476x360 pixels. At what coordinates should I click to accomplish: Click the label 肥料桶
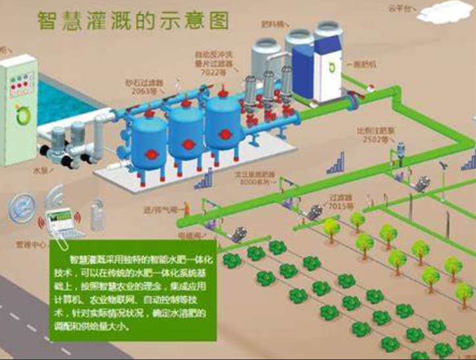point(271,24)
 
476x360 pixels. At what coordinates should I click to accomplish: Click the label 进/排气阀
point(156,210)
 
